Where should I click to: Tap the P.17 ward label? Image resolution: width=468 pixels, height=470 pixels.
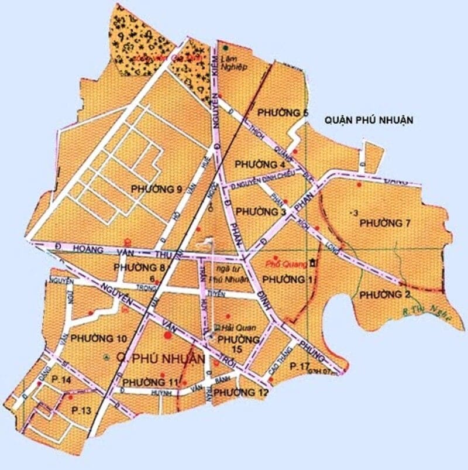[x=300, y=366]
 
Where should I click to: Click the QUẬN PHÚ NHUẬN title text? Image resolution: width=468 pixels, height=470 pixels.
[x=368, y=120]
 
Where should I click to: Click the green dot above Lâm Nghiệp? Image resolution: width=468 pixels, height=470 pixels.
[x=225, y=45]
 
